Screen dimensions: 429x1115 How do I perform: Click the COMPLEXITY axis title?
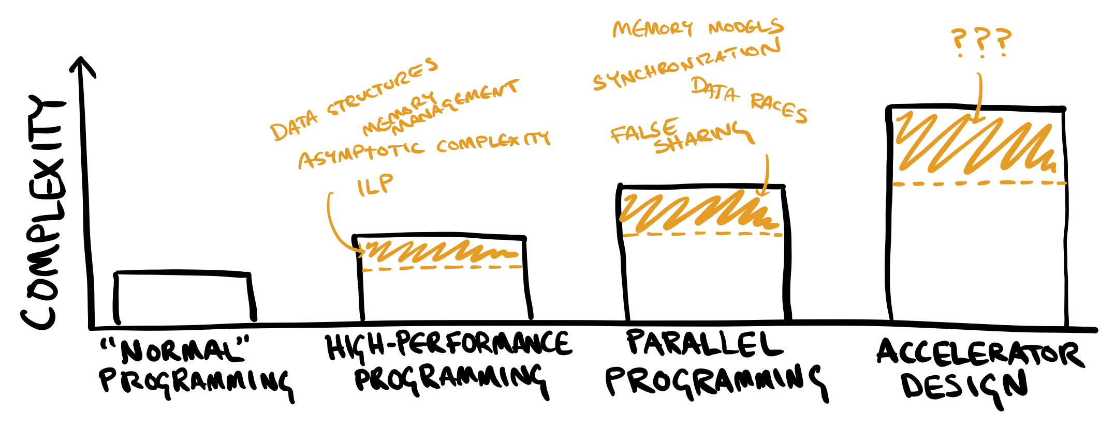tap(44, 212)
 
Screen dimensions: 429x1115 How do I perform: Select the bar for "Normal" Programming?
tap(184, 297)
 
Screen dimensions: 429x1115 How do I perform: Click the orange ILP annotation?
tap(375, 185)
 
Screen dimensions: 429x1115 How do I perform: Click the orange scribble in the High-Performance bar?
tap(440, 251)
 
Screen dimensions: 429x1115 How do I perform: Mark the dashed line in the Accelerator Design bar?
tap(978, 183)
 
